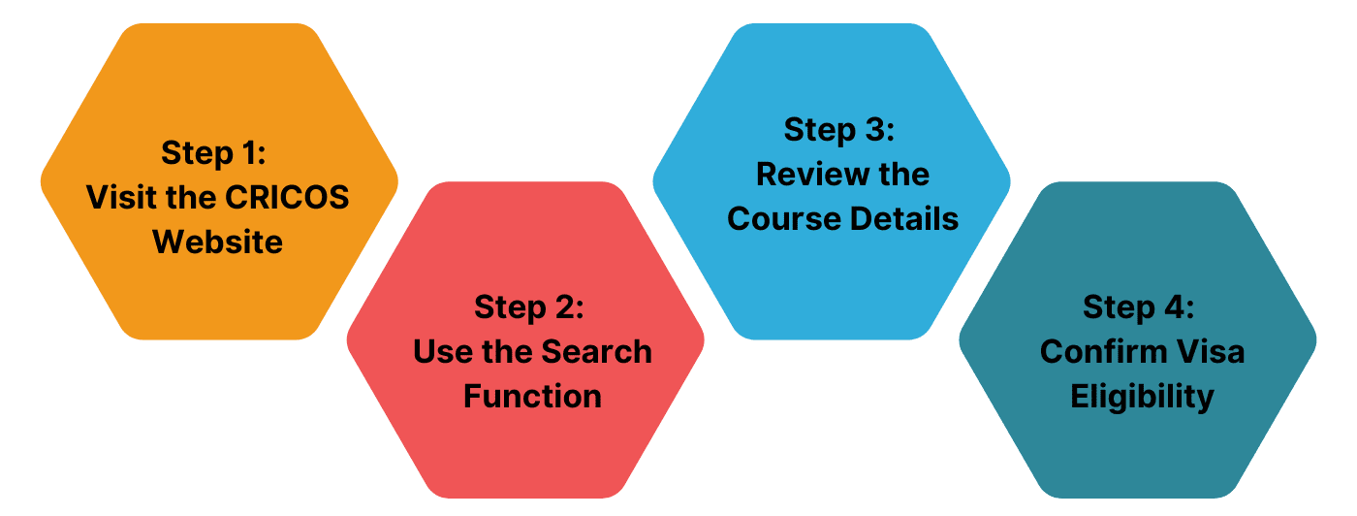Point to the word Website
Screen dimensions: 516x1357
(x=218, y=241)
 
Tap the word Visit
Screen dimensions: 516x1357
(x=116, y=197)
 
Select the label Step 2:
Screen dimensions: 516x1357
(x=529, y=306)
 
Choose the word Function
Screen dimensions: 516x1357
(x=532, y=396)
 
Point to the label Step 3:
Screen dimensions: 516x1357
(x=838, y=130)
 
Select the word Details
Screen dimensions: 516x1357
(x=903, y=219)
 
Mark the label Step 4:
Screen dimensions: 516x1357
(x=1139, y=306)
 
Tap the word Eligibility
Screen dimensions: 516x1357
(x=1142, y=396)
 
